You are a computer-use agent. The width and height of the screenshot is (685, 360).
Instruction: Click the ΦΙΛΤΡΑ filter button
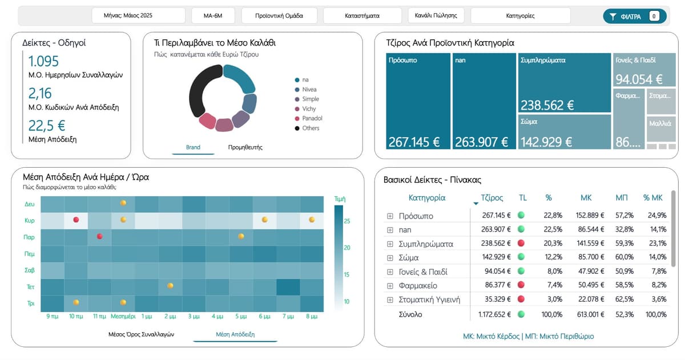pos(634,17)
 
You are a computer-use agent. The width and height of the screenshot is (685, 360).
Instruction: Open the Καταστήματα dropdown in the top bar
pos(362,16)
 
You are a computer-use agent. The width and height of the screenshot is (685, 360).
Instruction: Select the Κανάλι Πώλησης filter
pos(436,16)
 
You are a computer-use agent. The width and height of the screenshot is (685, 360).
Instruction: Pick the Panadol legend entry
pos(312,119)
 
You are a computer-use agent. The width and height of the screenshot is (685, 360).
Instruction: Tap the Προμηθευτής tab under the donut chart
pos(245,148)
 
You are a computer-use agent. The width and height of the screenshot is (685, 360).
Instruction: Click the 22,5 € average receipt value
pos(47,126)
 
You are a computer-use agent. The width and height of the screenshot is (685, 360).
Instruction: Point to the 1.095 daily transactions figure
pos(43,62)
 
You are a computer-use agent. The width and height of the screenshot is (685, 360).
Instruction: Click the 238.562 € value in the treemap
pos(547,106)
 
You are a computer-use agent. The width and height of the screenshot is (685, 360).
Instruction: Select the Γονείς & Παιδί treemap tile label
pos(635,60)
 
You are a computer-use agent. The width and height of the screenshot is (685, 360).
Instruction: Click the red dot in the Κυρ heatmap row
pos(76,220)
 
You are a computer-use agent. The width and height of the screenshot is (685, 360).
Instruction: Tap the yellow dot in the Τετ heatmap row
pos(170,286)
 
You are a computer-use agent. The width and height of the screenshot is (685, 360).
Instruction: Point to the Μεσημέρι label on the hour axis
pos(123,315)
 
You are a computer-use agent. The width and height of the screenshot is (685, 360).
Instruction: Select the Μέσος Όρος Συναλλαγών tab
pos(142,334)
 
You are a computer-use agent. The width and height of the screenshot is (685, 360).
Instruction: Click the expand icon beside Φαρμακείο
pos(390,285)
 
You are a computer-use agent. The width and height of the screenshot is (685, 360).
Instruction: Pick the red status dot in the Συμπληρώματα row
pos(521,244)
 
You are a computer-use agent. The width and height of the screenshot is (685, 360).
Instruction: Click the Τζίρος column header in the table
pos(492,198)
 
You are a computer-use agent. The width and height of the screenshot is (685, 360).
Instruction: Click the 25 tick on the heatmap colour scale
pos(347,221)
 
